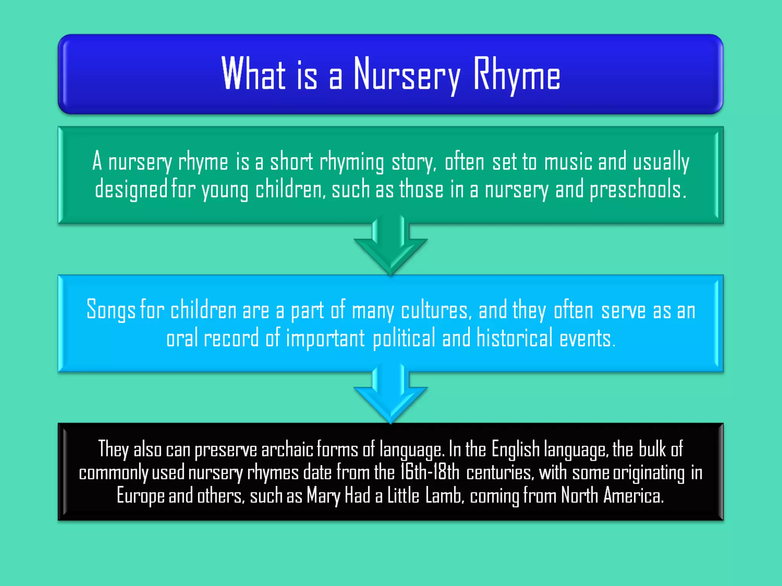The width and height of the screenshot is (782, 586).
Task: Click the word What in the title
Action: pyautogui.click(x=254, y=73)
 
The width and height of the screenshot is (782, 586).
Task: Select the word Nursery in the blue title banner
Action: pyautogui.click(x=407, y=75)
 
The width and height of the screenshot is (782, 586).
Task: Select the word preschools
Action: pyautogui.click(x=638, y=190)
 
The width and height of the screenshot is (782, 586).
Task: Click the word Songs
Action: pyautogui.click(x=111, y=310)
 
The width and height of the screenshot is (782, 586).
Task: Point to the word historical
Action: pyautogui.click(x=514, y=338)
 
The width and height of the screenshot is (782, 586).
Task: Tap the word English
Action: pyautogui.click(x=515, y=449)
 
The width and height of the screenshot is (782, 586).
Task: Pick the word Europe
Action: pyautogui.click(x=141, y=496)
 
